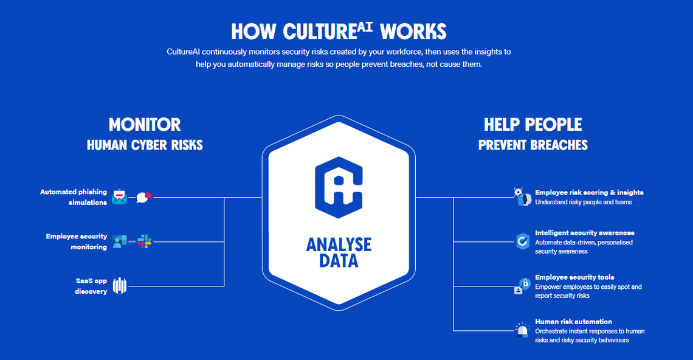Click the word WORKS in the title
tap(413, 32)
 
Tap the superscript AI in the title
tap(365, 27)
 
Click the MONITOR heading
tap(145, 125)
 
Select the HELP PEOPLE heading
tap(533, 125)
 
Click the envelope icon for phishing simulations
tap(119, 197)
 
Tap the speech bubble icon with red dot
tap(143, 197)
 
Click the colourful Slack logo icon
tap(144, 241)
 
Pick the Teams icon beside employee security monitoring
tap(119, 241)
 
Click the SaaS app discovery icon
tap(120, 286)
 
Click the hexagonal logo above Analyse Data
tap(339, 187)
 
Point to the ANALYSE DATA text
tap(339, 252)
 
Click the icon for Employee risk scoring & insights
tap(522, 197)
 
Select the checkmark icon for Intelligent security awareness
tap(522, 241)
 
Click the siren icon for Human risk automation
tap(522, 330)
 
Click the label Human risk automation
tap(574, 322)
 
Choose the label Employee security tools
tap(574, 277)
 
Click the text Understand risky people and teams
tap(584, 202)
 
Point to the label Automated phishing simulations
tap(74, 197)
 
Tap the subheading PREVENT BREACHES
tap(533, 145)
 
